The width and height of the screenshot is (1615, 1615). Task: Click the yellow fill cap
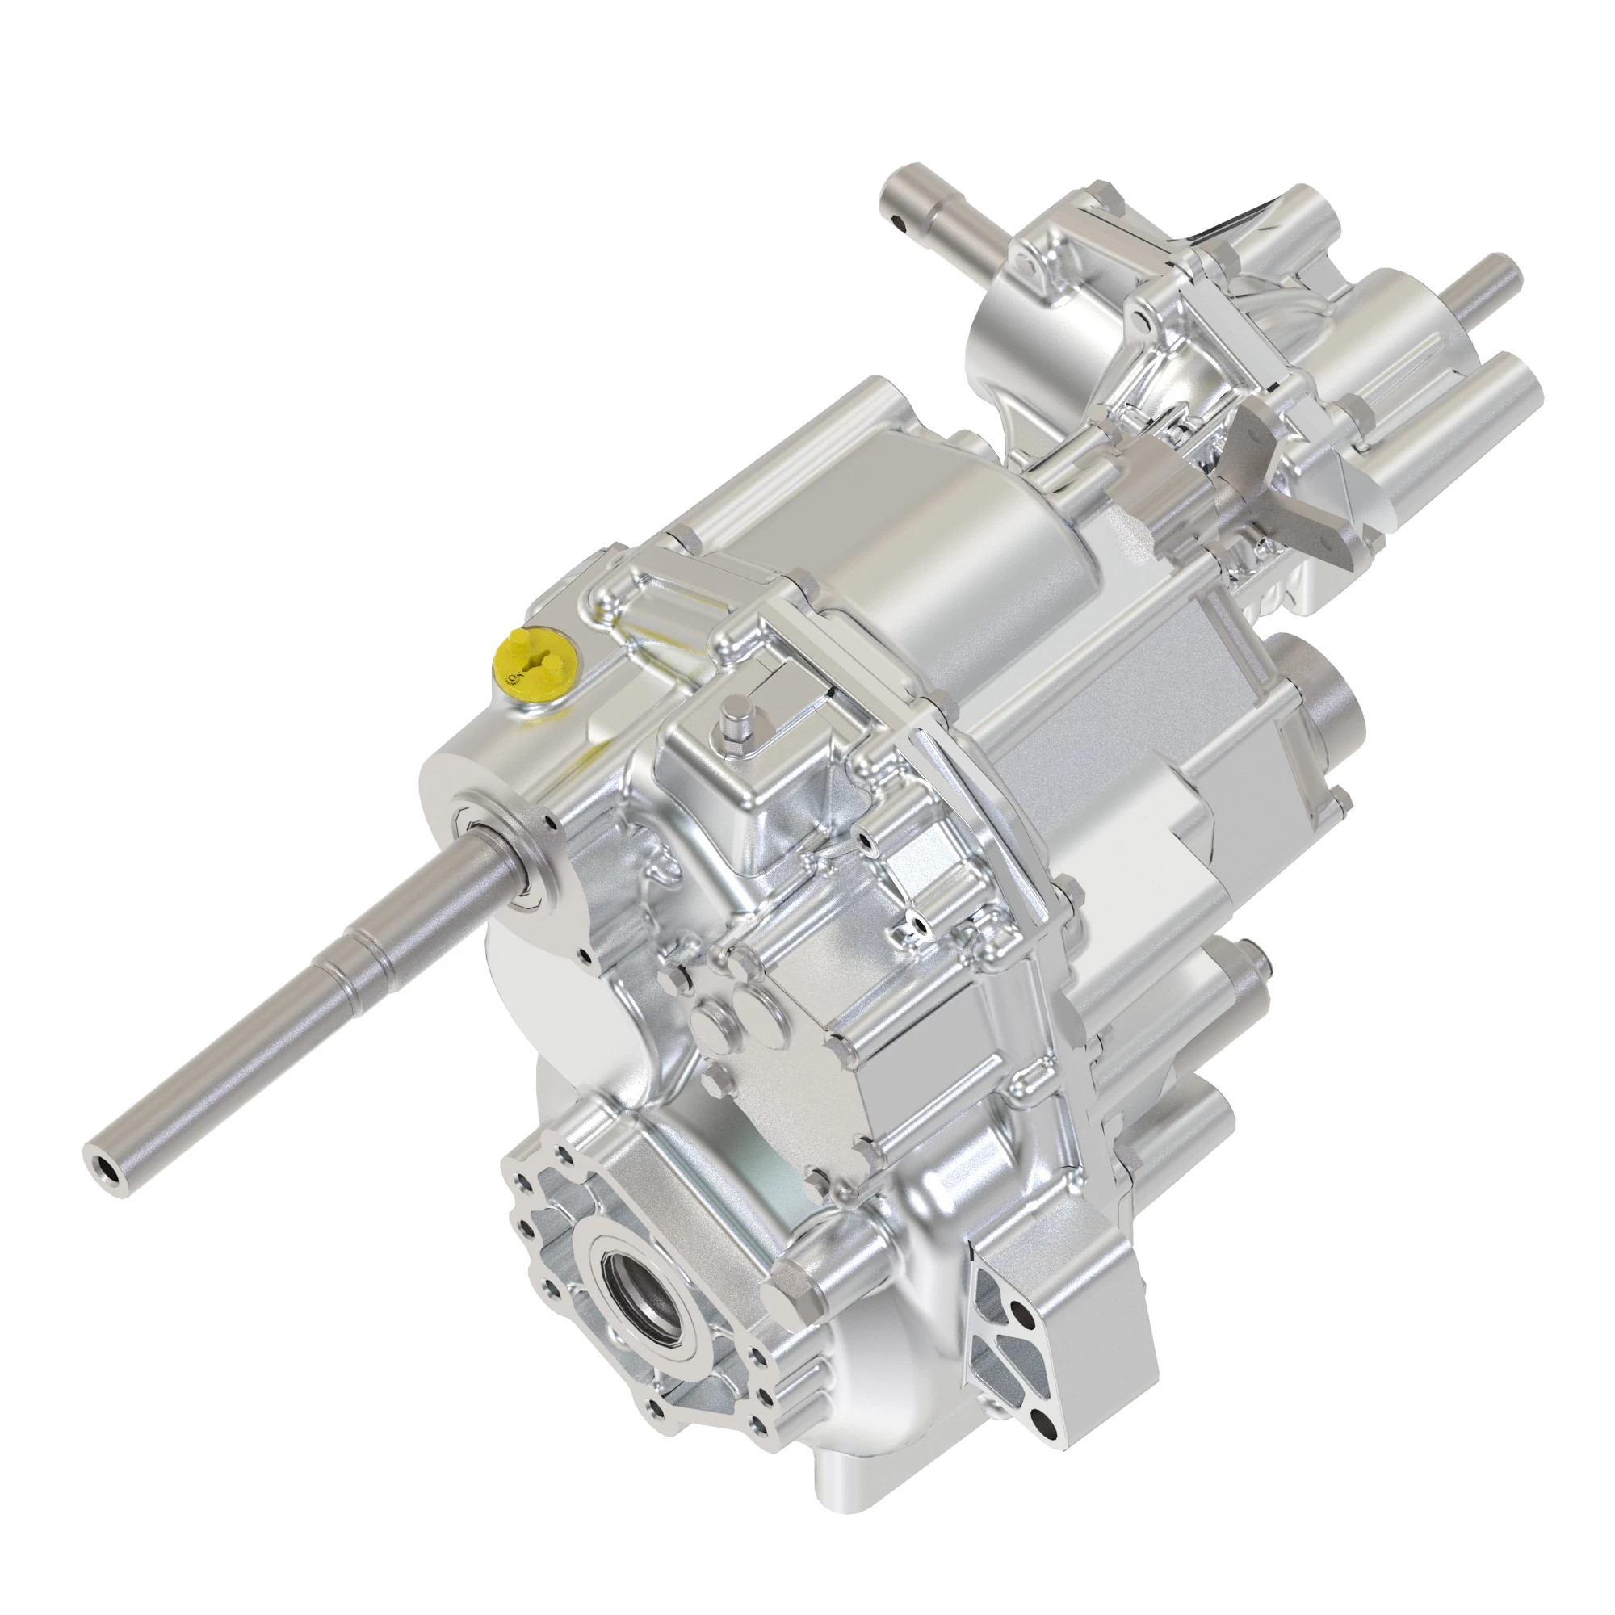[533, 666]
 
